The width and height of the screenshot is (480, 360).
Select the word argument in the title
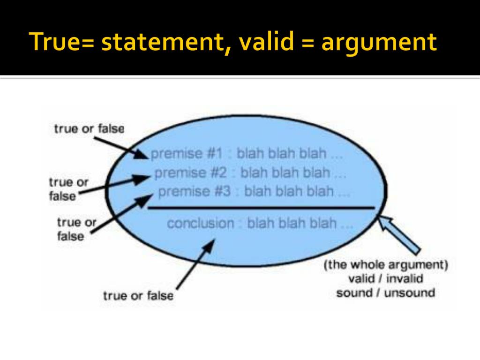[x=379, y=42]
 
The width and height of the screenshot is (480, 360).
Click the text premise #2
[x=190, y=173]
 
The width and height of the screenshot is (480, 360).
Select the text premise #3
[x=194, y=191]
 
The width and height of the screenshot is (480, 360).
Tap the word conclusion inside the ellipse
[x=201, y=223]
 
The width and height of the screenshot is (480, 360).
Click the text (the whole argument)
[x=386, y=265]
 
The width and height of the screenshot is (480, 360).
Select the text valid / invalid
[x=386, y=279]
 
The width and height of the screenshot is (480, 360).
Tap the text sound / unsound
[x=386, y=293]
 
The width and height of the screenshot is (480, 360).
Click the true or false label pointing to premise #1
[x=89, y=128]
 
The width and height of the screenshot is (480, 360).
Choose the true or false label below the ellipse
[x=138, y=296]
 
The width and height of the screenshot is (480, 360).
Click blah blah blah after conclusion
[x=300, y=223]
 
